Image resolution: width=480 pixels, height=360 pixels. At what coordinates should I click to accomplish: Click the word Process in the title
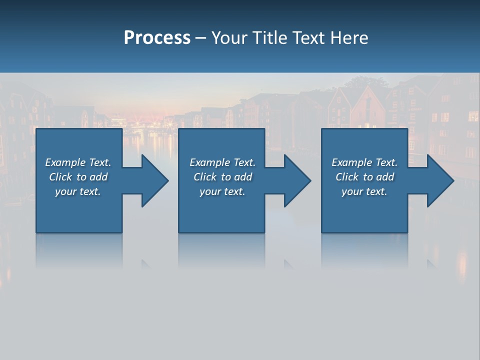[157, 38]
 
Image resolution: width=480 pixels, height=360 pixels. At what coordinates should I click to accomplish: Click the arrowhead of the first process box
[154, 180]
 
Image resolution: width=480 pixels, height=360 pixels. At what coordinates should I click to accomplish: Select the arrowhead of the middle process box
[297, 180]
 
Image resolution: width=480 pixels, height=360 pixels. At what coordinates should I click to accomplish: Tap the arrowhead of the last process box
[440, 180]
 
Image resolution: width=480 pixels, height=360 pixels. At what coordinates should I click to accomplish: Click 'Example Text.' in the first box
[78, 162]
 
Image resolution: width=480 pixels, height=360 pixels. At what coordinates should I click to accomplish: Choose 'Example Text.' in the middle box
[222, 162]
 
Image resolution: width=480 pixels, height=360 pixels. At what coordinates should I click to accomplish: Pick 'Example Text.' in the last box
[364, 162]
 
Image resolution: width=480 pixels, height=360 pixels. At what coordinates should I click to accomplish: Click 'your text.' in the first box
[78, 191]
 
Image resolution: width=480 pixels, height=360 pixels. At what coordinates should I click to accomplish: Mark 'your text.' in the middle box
[222, 191]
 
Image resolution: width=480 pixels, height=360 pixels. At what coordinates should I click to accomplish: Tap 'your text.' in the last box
[364, 191]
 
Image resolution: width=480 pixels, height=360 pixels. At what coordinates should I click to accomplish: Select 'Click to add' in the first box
[78, 177]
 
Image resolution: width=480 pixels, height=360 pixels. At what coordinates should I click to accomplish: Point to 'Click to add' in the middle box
[222, 177]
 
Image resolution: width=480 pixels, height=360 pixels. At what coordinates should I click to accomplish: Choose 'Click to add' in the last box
[364, 177]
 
